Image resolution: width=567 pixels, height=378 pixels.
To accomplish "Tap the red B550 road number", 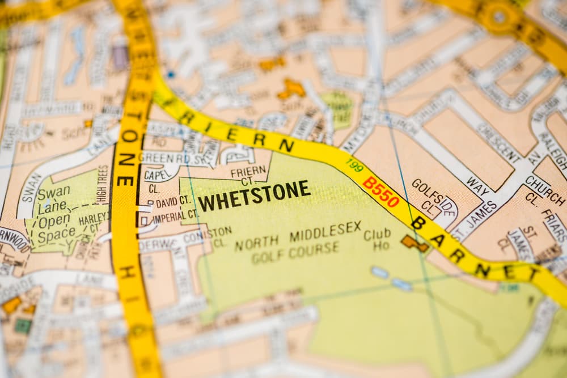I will point(381,192).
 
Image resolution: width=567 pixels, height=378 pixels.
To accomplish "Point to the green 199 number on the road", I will point(354,165).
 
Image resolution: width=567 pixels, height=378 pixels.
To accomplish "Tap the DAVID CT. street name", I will point(173,201).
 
